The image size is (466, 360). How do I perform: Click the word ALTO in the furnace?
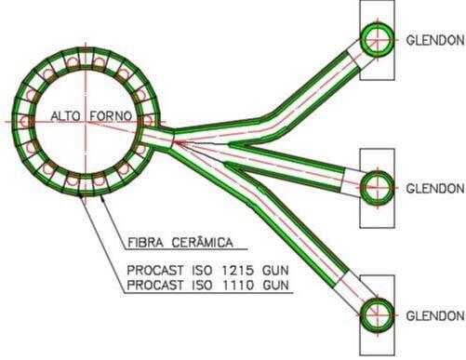pyautogui.click(x=65, y=116)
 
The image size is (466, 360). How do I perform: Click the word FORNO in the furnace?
pyautogui.click(x=111, y=116)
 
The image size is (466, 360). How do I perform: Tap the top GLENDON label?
pyautogui.click(x=435, y=40)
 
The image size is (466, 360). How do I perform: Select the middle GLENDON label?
pyautogui.click(x=435, y=188)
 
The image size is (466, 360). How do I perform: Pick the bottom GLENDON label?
pyautogui.click(x=435, y=316)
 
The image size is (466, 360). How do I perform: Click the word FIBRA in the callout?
pyautogui.click(x=146, y=242)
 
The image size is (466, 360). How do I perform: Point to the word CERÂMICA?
pyautogui.click(x=202, y=242)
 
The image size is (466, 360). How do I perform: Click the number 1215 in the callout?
pyautogui.click(x=238, y=270)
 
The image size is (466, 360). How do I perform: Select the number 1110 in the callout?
pyautogui.click(x=238, y=285)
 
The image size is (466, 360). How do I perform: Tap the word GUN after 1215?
pyautogui.click(x=275, y=270)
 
